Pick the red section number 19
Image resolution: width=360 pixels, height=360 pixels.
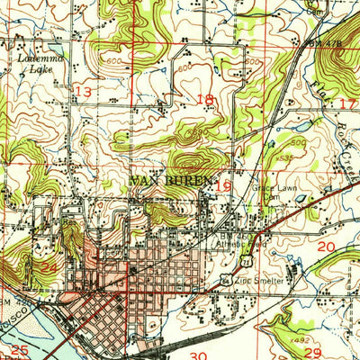(x=225, y=185)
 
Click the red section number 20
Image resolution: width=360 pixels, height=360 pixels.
(x=327, y=246)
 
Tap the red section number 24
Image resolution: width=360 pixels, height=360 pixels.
(x=49, y=267)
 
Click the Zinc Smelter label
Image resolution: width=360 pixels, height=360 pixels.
(x=265, y=281)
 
